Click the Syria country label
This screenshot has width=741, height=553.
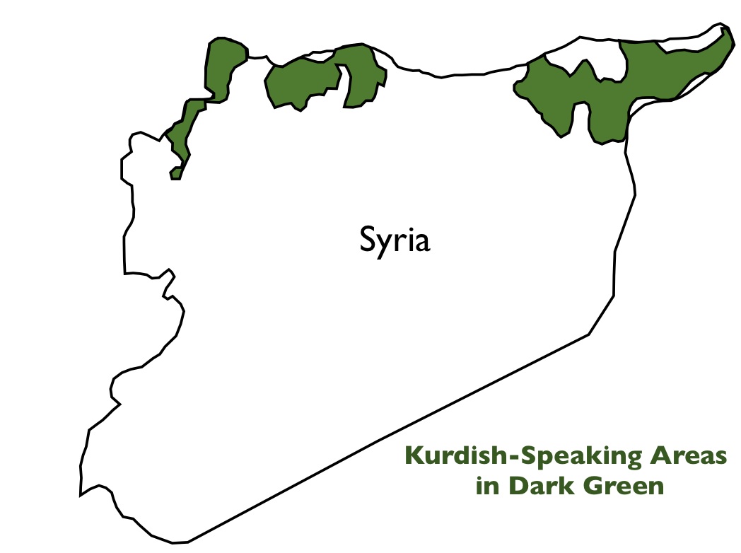click(x=395, y=240)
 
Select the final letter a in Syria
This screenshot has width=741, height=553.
click(x=421, y=242)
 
